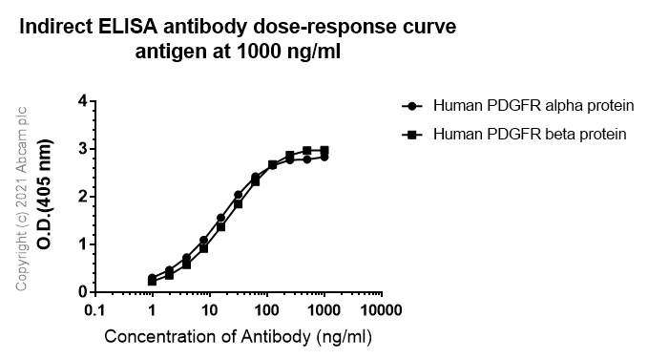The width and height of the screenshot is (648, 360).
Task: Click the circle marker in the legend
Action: [x=411, y=106]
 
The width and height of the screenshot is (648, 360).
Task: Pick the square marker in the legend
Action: [x=411, y=135]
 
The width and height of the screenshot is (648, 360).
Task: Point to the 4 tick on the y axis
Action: [x=83, y=101]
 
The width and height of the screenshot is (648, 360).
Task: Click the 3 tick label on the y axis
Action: [x=83, y=149]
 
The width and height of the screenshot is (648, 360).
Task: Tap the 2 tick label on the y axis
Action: [x=83, y=197]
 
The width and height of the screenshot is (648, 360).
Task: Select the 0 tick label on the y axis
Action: [x=83, y=292]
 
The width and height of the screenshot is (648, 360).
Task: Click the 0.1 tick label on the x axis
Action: [x=94, y=311]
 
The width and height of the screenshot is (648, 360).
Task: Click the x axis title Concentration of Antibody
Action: [x=238, y=337]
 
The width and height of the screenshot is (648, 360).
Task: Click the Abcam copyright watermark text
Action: [x=21, y=196]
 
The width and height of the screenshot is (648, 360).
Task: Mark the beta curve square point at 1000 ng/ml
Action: [x=324, y=151]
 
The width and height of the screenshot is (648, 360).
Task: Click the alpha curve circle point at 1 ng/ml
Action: [x=153, y=278]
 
